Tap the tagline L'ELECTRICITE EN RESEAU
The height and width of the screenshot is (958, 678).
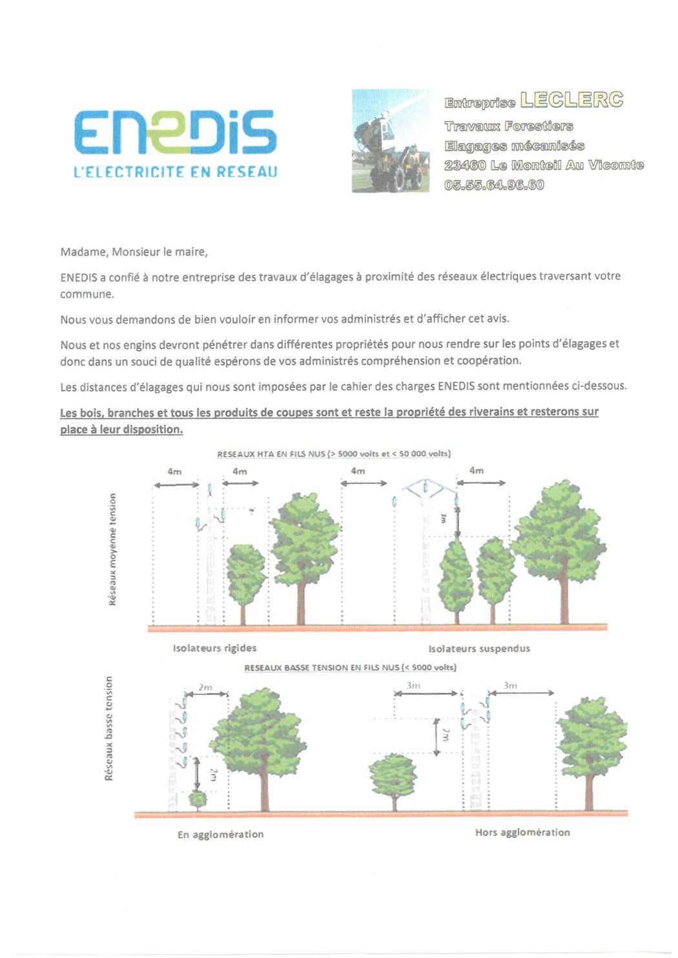(x=175, y=172)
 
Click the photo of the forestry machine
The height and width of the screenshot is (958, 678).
(x=390, y=141)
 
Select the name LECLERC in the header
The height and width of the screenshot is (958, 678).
(x=571, y=100)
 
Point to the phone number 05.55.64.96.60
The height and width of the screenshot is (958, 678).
(x=494, y=185)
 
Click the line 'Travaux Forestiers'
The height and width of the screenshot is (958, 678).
(x=508, y=126)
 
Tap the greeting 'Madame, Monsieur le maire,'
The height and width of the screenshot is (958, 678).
(x=134, y=252)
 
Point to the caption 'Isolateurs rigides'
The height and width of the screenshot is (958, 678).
(x=214, y=648)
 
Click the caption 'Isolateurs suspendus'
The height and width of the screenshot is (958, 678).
(x=479, y=648)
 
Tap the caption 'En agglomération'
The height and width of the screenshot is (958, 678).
(x=220, y=834)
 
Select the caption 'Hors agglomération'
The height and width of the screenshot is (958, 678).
(x=522, y=832)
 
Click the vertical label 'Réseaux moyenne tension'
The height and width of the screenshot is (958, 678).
(x=113, y=550)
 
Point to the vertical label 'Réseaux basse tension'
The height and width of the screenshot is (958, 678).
(x=108, y=728)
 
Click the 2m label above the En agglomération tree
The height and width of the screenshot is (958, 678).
(x=205, y=687)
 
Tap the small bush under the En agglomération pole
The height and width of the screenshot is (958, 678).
(x=198, y=799)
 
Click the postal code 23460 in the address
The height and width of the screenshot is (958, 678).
(x=464, y=165)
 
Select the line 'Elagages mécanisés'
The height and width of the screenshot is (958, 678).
(x=514, y=146)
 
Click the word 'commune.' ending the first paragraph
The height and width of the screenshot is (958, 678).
(x=87, y=294)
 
